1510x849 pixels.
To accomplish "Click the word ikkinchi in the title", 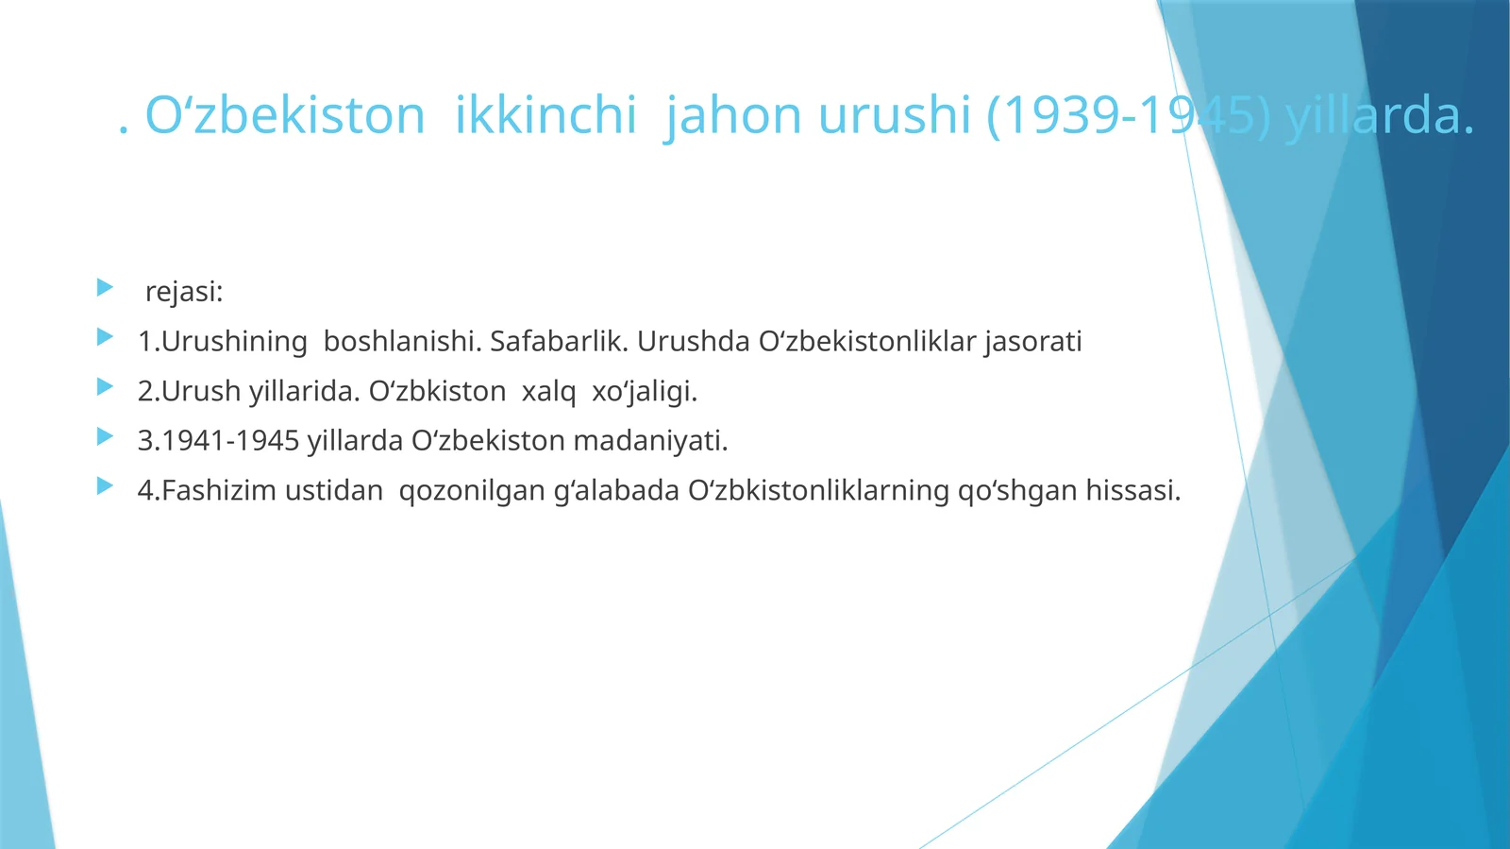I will coord(545,115).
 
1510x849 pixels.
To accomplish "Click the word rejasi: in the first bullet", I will coord(184,292).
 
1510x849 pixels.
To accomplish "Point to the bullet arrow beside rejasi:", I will coord(105,287).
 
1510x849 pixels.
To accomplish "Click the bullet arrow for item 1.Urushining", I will coord(105,337).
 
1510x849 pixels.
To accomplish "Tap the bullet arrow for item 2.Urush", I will coord(105,386).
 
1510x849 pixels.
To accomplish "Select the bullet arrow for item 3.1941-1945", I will coord(105,436).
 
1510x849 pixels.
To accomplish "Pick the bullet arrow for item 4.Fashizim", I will coord(105,486).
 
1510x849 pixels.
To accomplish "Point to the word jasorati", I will coord(1032,341).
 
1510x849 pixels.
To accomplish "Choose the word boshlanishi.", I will coord(402,341).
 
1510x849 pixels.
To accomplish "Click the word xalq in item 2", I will coord(548,391).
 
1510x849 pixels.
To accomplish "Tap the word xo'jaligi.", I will coord(645,391).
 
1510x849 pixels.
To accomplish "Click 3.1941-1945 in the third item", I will coord(218,441).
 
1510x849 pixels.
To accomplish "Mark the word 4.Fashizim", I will coord(208,491).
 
